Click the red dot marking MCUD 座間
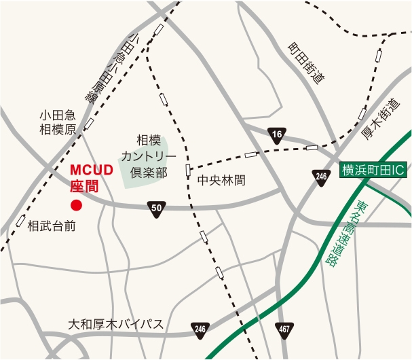[76, 204]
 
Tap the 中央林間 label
[221, 181]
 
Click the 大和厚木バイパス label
[116, 324]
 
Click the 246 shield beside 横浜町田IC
[321, 177]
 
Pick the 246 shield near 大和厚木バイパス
[200, 329]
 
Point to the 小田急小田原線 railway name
[112, 68]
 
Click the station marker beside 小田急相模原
[89, 124]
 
